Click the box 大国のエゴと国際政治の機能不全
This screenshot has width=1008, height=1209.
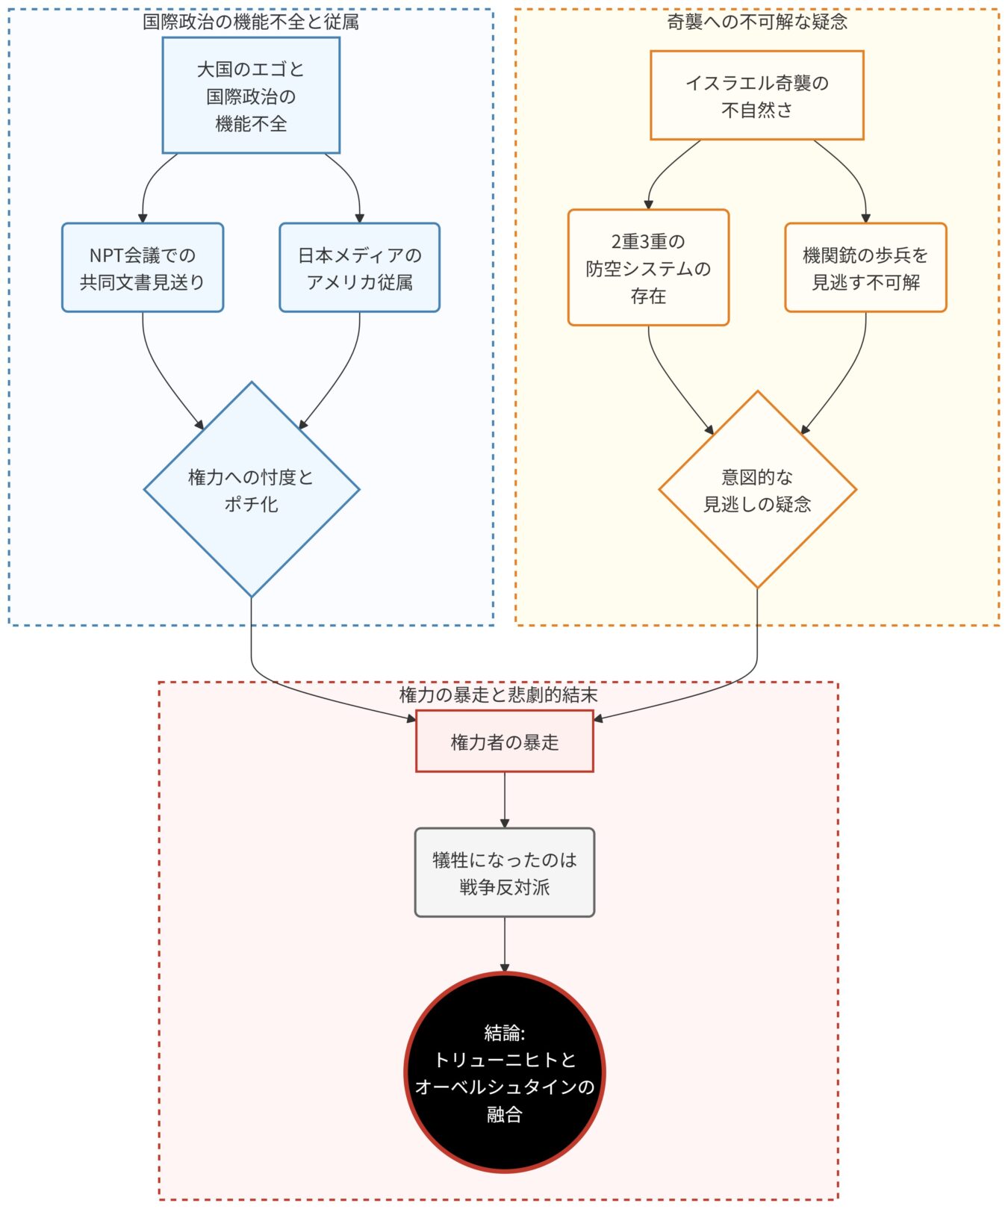tap(251, 96)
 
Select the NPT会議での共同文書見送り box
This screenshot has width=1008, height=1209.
tap(143, 267)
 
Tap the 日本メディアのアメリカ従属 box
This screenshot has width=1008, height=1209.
tap(359, 267)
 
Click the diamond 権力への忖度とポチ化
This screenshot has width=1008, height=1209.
tap(252, 490)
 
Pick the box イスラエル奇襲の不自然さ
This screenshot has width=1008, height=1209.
tap(756, 96)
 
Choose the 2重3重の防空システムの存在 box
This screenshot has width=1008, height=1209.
tap(648, 267)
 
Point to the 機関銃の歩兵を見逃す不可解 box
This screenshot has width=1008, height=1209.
tap(865, 267)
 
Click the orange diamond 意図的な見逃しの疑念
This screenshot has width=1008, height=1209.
tap(757, 490)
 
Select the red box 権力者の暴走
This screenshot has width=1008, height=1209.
tap(504, 742)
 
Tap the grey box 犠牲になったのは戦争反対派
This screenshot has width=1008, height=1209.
tap(504, 872)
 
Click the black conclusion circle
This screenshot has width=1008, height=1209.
tap(504, 1072)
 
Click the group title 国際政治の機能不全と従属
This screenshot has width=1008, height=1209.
tap(251, 22)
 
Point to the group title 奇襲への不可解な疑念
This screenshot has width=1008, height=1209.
tap(756, 22)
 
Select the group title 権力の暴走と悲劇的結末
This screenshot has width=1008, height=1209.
tap(498, 695)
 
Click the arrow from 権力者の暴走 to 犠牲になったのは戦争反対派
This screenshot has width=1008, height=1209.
tap(505, 799)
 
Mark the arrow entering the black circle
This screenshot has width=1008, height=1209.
tap(505, 945)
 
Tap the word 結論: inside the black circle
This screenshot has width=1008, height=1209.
tap(504, 1033)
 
